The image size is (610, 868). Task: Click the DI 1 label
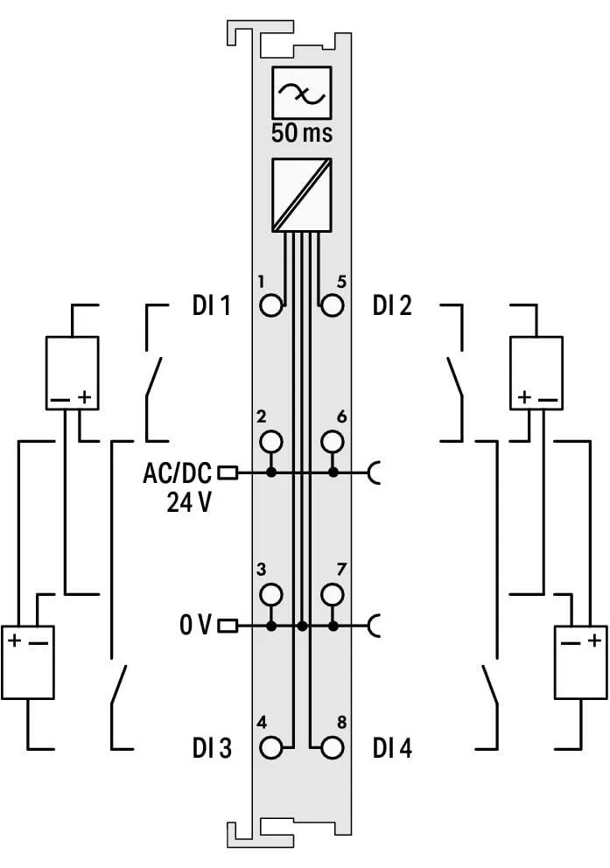coord(211,305)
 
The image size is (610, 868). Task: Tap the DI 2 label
coord(392,305)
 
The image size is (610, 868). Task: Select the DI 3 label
coord(212,748)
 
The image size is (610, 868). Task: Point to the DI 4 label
coord(392,748)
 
